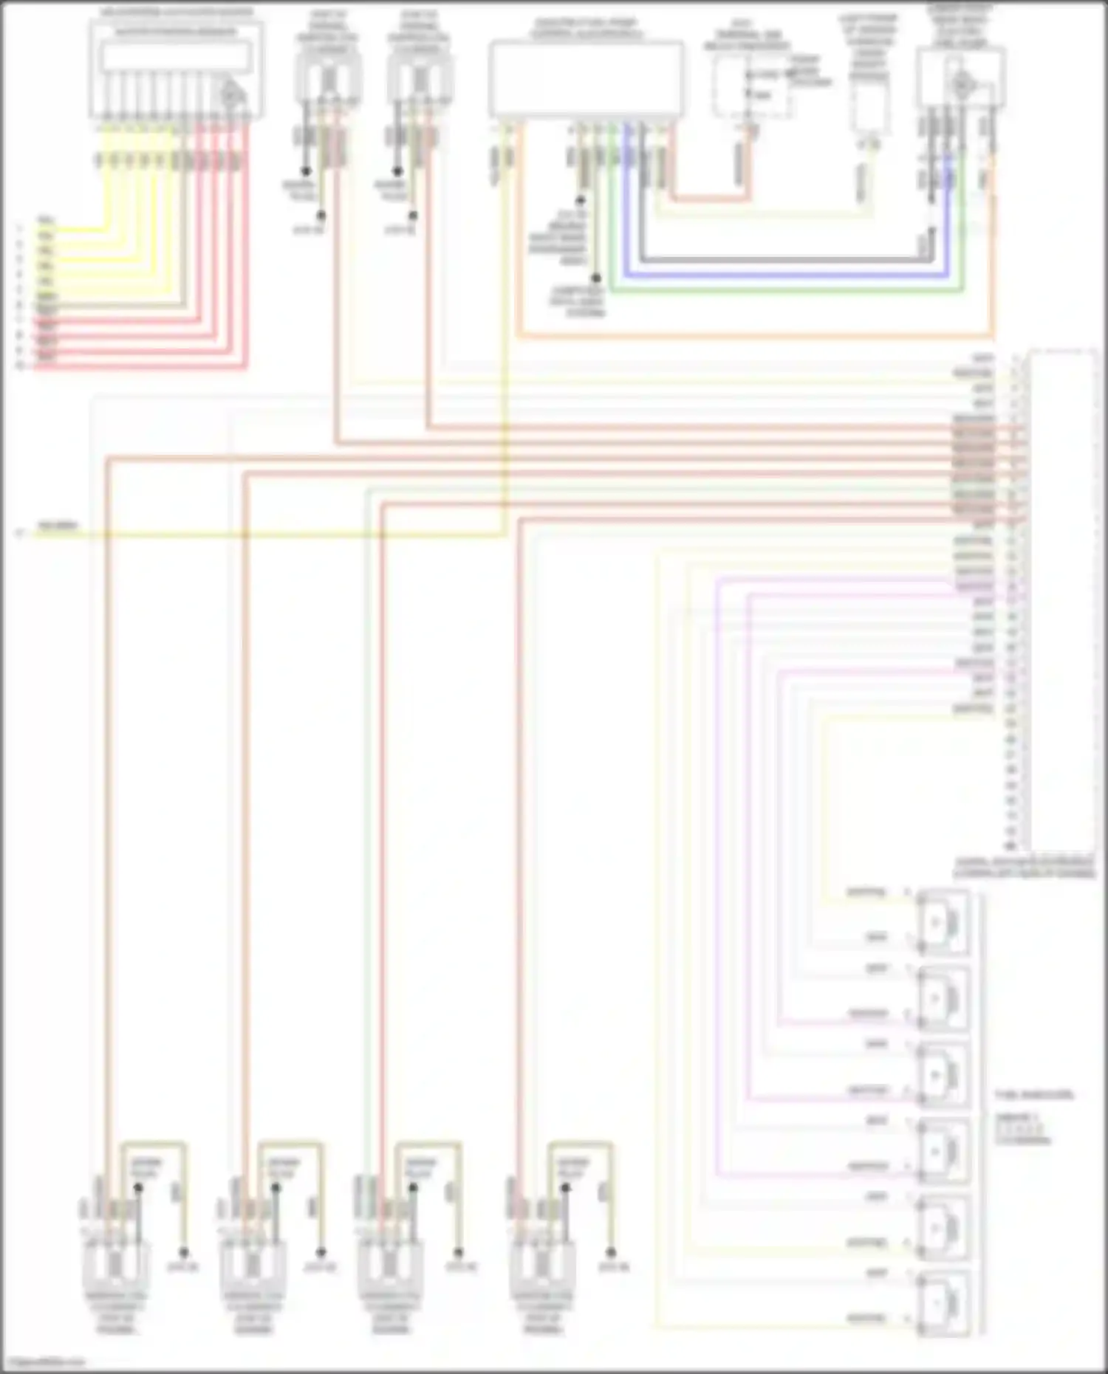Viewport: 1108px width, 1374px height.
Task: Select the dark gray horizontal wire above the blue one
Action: click(783, 260)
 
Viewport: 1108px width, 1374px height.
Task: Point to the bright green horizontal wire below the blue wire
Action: click(783, 291)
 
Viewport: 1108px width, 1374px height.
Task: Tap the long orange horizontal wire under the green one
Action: click(753, 337)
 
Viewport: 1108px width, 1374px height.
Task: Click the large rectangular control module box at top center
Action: click(586, 78)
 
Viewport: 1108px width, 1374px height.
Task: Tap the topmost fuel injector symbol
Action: click(942, 922)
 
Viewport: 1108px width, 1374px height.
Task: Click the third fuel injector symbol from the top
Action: click(942, 1075)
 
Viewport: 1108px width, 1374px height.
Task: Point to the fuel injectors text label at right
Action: click(1034, 1094)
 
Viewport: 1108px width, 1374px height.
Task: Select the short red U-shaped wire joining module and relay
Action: click(709, 198)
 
